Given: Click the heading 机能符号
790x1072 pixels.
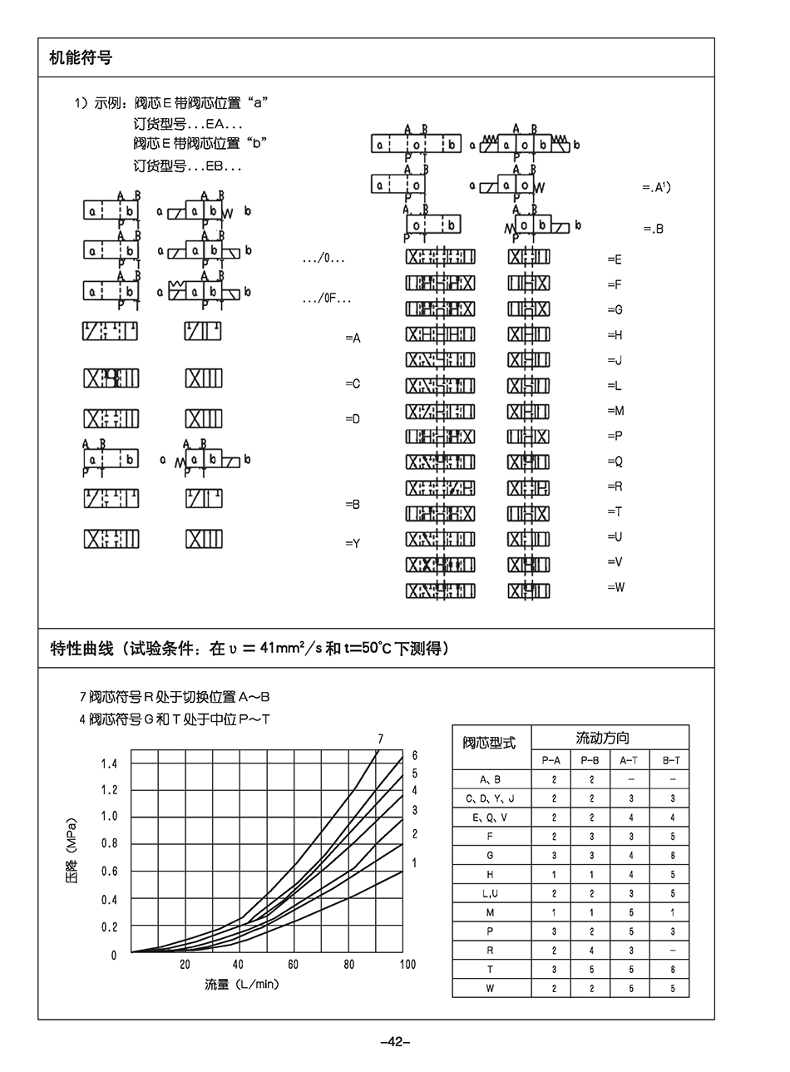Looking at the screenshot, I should click(x=81, y=58).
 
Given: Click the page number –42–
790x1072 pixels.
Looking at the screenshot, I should click(x=394, y=1041).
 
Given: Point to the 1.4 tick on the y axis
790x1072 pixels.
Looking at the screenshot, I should click(x=109, y=763).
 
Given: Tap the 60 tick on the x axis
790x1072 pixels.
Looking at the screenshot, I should click(x=293, y=965).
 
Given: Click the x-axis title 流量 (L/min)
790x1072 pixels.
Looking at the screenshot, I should click(x=241, y=985).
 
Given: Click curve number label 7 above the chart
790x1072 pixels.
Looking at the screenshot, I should click(x=380, y=739).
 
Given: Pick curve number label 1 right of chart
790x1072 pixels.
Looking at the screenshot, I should click(x=414, y=863).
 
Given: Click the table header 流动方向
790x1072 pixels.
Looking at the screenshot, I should click(x=603, y=738).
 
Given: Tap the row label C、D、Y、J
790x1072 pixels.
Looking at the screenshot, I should click(x=491, y=798).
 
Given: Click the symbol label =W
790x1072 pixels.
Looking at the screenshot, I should click(x=615, y=587).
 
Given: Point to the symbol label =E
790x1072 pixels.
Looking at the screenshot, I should click(x=615, y=259).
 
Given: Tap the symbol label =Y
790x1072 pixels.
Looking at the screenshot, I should click(x=353, y=544).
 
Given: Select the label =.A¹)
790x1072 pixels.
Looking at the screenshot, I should click(x=656, y=188).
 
